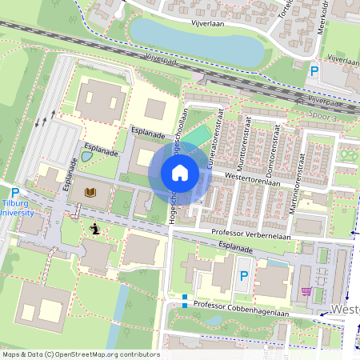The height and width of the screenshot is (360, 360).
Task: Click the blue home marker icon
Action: [x=180, y=173]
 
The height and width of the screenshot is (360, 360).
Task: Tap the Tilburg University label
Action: [x=15, y=207]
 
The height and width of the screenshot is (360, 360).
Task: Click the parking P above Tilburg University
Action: [x=14, y=192]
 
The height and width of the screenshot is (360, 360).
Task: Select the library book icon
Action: [x=90, y=193]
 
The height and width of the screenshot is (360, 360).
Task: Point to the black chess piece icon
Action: [x=96, y=229]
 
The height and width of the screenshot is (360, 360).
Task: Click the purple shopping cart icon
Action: [x=306, y=290]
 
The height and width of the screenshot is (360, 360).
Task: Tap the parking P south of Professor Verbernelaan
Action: [x=244, y=275]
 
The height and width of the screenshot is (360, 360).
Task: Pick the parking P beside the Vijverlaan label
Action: [x=314, y=72]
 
